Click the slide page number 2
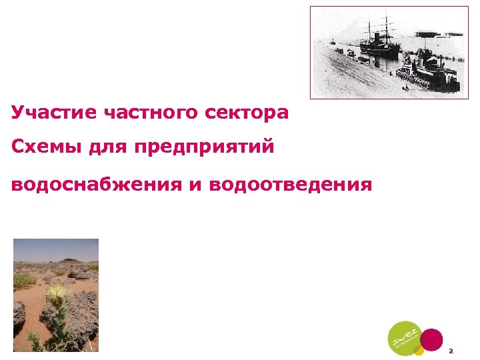(x=451, y=350)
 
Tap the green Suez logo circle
(x=405, y=338)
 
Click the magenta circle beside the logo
(x=432, y=339)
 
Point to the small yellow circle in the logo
(x=418, y=349)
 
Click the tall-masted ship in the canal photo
(x=381, y=40)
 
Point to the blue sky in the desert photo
(x=56, y=248)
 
